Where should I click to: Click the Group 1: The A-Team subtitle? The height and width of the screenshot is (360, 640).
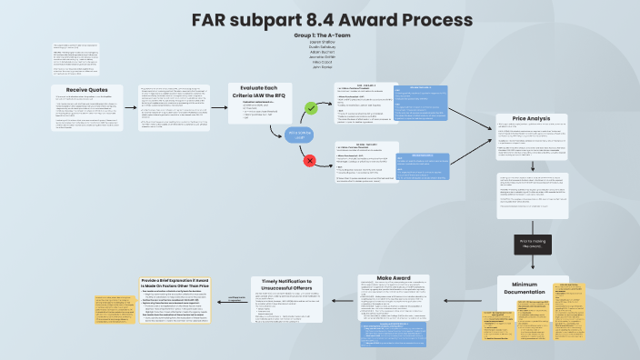[322, 35]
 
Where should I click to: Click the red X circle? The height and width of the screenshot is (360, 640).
[309, 160]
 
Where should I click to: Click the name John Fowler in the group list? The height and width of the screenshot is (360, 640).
[322, 67]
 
